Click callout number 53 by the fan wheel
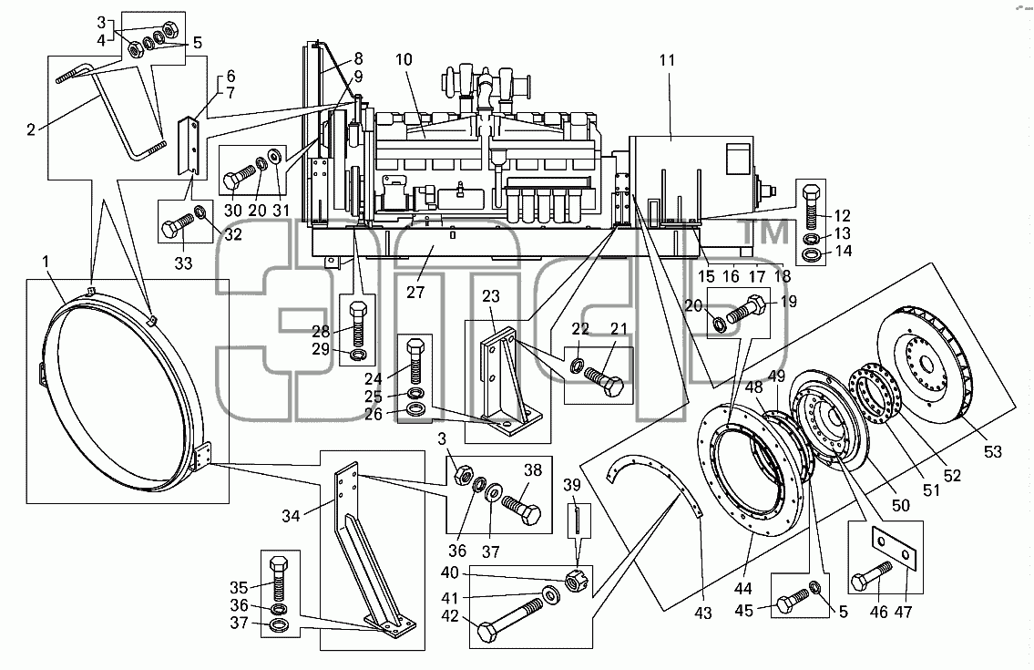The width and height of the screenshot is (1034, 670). point(992,452)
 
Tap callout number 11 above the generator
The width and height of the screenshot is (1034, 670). point(668,60)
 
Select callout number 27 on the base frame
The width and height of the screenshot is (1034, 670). point(415,292)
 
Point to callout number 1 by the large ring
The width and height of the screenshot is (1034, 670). point(46,262)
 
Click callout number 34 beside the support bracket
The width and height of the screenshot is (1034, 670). point(291,516)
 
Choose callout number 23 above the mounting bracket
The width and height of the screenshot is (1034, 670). point(491,296)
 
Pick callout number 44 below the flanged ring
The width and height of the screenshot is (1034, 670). point(743,589)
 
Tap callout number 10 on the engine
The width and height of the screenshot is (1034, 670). point(404,59)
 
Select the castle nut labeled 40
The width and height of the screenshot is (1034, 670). point(578,582)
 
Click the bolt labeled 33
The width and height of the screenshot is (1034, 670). point(178,228)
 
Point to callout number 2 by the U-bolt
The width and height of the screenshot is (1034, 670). point(30,130)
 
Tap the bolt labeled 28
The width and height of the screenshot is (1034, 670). point(357,325)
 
